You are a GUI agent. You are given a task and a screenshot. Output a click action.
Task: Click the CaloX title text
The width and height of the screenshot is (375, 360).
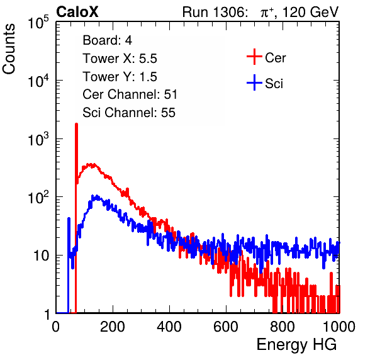pos(77,12)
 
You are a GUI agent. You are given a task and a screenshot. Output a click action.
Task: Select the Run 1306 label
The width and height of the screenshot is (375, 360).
pos(215,12)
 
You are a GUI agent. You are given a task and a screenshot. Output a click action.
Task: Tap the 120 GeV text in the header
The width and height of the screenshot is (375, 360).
pos(311,12)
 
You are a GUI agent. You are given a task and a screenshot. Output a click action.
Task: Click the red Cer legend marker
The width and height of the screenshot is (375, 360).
pos(254,57)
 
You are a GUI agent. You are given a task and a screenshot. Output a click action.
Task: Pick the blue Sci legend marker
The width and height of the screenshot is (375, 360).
pos(254,83)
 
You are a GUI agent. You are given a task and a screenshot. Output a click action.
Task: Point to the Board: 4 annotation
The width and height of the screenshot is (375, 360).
pos(107,40)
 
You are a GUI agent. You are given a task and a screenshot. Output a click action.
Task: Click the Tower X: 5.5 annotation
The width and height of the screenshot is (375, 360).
pos(120,59)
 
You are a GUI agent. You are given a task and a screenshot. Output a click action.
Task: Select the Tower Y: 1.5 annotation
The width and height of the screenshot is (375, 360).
pos(120,77)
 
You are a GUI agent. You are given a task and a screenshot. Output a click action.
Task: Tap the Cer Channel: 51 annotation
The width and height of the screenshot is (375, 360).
pos(130,94)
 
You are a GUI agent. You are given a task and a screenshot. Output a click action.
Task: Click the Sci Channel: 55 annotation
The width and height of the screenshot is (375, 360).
pos(129,113)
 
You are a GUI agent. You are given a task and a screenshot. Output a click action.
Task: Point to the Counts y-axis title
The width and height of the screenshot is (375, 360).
pos(9,49)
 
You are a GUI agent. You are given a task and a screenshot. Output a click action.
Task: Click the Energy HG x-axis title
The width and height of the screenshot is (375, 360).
pos(296,344)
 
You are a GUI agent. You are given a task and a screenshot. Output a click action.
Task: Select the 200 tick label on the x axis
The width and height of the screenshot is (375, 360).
pos(113,327)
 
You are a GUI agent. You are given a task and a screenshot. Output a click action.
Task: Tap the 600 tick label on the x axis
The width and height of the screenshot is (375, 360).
pos(226,327)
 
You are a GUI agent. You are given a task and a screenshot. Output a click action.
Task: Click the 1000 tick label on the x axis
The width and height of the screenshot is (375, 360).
pos(339,327)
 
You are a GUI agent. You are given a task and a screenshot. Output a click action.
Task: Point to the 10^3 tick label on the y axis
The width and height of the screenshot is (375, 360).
pos(38,138)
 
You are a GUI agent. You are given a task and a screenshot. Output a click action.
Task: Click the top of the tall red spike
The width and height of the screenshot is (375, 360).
pos(76,124)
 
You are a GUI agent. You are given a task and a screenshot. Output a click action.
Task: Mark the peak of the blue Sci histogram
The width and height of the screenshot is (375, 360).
pos(97,196)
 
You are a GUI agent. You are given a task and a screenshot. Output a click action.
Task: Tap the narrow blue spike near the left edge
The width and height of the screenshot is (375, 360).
pos(69,218)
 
